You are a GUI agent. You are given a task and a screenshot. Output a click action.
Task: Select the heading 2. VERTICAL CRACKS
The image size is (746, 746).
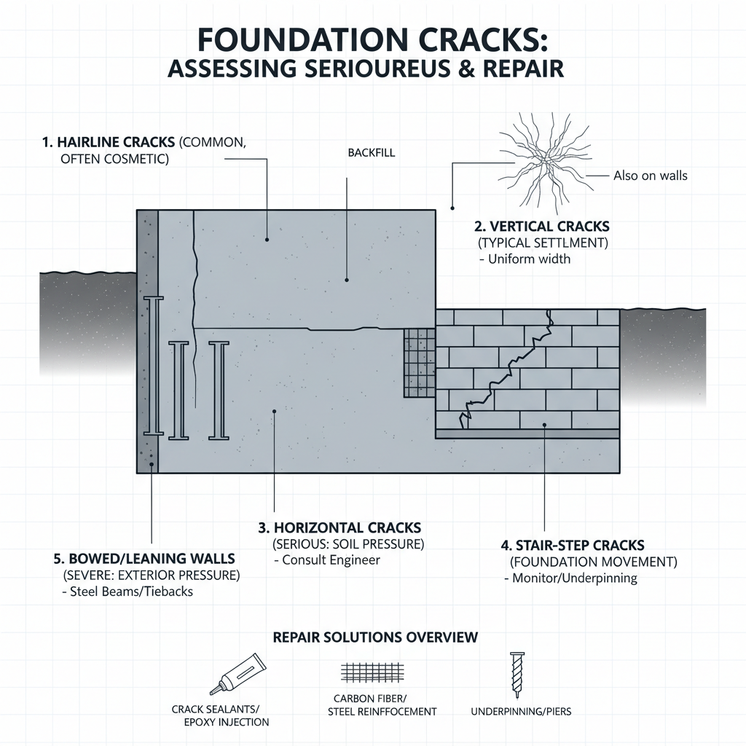point(542,227)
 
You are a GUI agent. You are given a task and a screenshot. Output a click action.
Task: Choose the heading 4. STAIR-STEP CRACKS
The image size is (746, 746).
point(573,545)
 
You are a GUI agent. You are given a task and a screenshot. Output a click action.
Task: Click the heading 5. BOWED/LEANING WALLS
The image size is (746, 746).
point(144,559)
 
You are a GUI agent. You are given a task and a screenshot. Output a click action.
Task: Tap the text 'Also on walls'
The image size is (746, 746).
point(650,176)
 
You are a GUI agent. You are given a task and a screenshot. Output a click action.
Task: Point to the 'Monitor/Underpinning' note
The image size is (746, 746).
point(570,578)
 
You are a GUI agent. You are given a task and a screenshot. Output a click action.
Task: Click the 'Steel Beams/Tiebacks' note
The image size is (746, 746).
point(127,592)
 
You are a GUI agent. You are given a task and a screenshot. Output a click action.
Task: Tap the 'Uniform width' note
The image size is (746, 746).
point(524,259)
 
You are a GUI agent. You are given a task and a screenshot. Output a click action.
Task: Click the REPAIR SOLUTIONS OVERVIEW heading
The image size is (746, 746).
point(375,637)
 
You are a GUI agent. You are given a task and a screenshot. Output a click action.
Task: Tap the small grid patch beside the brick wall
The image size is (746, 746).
point(419,362)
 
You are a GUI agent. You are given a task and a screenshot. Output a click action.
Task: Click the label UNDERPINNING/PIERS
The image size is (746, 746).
point(521,711)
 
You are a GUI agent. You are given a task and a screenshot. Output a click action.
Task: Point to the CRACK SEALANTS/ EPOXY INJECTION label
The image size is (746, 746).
point(220,715)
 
